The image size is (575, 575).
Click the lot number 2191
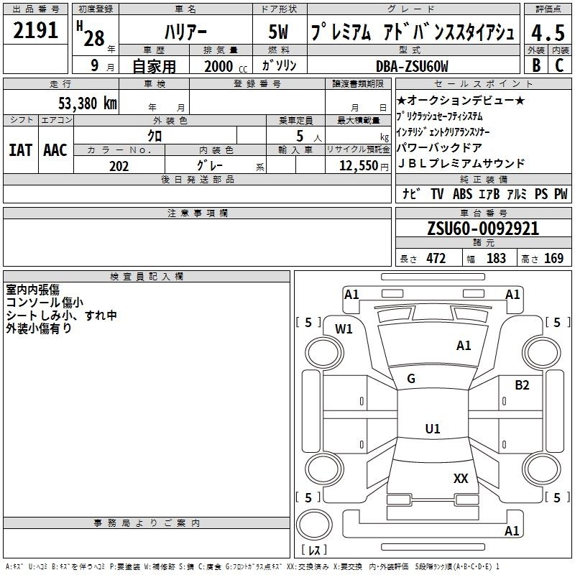pos(35,30)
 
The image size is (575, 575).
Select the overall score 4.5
pos(548,32)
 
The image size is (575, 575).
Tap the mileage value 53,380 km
pos(88,103)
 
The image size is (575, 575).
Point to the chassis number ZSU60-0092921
pos(483,229)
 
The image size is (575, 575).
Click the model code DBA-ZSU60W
pos(412,66)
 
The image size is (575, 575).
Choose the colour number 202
pos(119,166)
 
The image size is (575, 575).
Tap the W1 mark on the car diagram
pos(344,329)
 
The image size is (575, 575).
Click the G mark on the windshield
pos(411,379)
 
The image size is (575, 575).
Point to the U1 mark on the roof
pos(433,428)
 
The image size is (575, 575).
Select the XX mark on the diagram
pos(461,478)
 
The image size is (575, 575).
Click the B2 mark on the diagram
pos(522,385)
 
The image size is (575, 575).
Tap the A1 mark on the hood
pos(464,346)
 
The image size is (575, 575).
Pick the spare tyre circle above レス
pos(314,525)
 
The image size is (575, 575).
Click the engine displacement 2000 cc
pos(226,66)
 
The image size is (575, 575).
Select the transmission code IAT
pos(21,150)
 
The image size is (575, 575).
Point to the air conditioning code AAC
pos(55,150)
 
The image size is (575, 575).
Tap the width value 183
pos(496,259)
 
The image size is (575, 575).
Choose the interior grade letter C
pos(559,65)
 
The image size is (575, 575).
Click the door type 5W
pos(278,32)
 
